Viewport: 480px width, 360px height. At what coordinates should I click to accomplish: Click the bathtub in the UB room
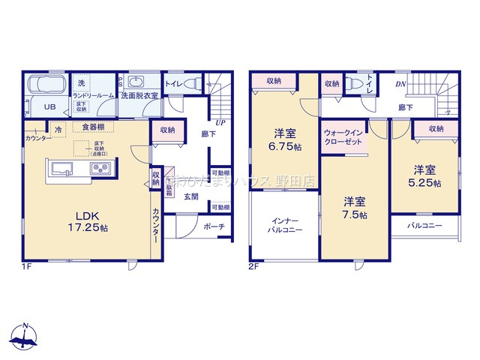(47, 83)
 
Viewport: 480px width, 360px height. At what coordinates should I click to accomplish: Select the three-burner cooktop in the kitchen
(101, 169)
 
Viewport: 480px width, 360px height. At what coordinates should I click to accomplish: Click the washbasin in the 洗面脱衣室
(137, 82)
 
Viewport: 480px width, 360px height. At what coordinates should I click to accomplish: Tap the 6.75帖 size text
(283, 146)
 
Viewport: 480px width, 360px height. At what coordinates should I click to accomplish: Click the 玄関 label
(190, 196)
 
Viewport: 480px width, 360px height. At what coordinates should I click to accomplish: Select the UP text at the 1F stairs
(220, 122)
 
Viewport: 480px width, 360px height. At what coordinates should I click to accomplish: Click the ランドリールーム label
(92, 96)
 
